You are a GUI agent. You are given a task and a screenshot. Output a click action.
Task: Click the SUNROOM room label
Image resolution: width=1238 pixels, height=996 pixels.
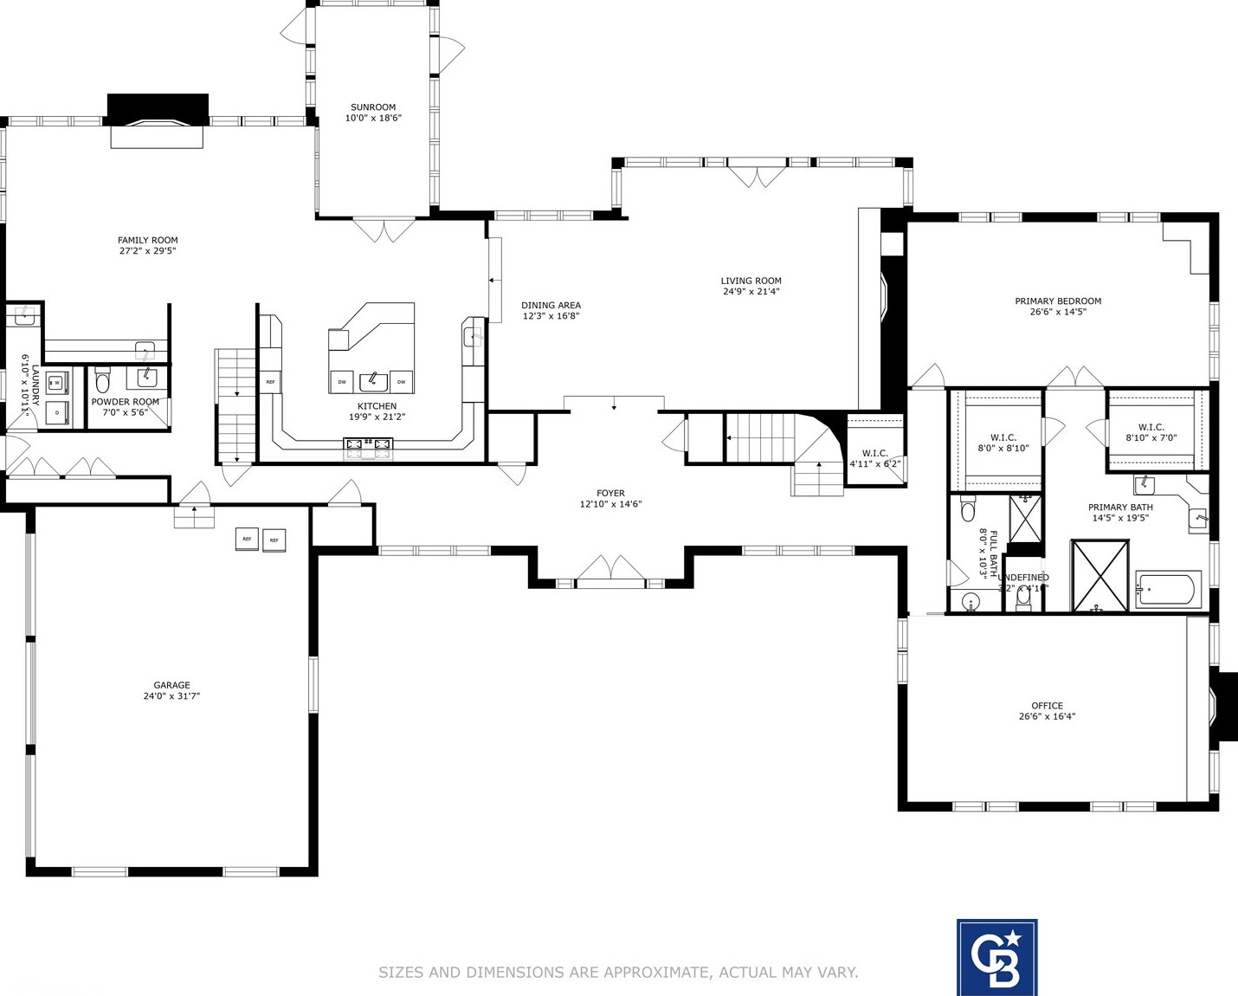pyautogui.click(x=373, y=107)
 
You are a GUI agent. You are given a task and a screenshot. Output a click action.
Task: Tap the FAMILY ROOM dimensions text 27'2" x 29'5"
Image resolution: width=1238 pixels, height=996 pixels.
pyautogui.click(x=147, y=251)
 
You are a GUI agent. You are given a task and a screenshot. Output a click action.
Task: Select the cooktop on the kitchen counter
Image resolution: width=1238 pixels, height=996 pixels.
pyautogui.click(x=369, y=447)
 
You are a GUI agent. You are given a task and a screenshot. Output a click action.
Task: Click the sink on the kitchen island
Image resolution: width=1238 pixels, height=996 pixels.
pyautogui.click(x=373, y=381)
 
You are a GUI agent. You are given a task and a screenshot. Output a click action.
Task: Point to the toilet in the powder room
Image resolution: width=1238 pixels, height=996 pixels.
pyautogui.click(x=103, y=381)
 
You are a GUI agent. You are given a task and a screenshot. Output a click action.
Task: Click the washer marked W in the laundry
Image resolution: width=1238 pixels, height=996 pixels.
pyautogui.click(x=58, y=383)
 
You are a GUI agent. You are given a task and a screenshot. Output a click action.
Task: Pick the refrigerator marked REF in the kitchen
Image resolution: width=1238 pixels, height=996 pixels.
pyautogui.click(x=270, y=381)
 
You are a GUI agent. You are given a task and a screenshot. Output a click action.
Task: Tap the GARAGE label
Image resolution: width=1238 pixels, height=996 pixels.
pyautogui.click(x=171, y=685)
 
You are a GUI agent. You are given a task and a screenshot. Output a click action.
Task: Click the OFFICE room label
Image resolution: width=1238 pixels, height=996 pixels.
pyautogui.click(x=1047, y=706)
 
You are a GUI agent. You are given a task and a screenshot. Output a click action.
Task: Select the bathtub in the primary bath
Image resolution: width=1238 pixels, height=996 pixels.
pyautogui.click(x=1169, y=591)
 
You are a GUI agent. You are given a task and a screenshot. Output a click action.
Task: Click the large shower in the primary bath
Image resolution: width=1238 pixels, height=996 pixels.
pyautogui.click(x=1100, y=576)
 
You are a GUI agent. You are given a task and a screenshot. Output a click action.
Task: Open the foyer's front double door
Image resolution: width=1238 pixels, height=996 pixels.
pyautogui.click(x=611, y=570)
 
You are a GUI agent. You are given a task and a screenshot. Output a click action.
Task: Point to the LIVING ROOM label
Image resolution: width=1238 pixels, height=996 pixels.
pyautogui.click(x=751, y=281)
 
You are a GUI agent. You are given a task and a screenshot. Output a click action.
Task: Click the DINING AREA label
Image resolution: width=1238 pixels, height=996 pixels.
pyautogui.click(x=551, y=305)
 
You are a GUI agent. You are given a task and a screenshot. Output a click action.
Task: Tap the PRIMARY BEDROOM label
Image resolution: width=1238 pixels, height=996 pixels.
pyautogui.click(x=1058, y=301)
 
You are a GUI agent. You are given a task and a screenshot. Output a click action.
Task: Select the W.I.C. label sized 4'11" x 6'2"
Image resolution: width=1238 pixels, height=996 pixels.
pyautogui.click(x=874, y=454)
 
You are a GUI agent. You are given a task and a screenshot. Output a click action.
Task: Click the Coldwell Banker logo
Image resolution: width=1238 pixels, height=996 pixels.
pyautogui.click(x=996, y=957)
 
